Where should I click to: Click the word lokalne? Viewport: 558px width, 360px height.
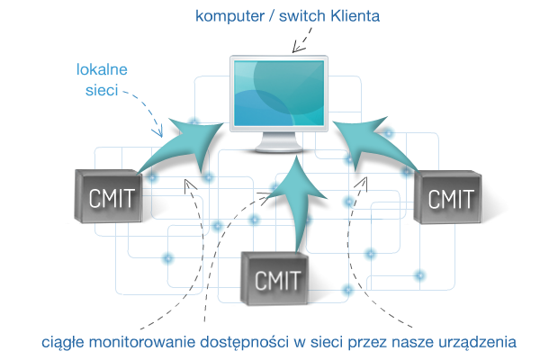tap(102, 68)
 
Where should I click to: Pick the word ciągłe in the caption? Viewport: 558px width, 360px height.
tap(62, 343)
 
